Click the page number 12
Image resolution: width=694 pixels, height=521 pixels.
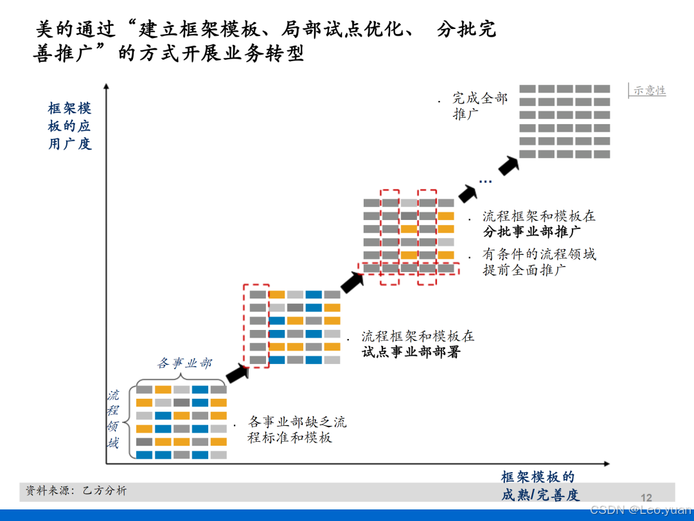tap(646, 497)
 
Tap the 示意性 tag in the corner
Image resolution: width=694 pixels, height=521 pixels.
tap(649, 91)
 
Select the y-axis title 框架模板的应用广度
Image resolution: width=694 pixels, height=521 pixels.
tap(70, 126)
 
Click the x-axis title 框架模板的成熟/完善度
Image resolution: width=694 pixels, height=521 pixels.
tap(540, 486)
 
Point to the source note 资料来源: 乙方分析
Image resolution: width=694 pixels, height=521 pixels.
tap(76, 491)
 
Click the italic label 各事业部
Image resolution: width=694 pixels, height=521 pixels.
tap(184, 363)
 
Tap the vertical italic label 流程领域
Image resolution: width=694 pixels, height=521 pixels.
tap(113, 419)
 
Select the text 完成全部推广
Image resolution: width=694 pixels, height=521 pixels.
tap(479, 106)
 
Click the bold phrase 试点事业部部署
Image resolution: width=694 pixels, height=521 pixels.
tap(411, 352)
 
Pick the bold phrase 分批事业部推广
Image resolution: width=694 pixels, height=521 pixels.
tap(532, 232)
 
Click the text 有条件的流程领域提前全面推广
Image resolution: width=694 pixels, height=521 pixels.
tap(539, 262)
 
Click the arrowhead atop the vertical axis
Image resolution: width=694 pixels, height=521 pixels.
tap(106, 87)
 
